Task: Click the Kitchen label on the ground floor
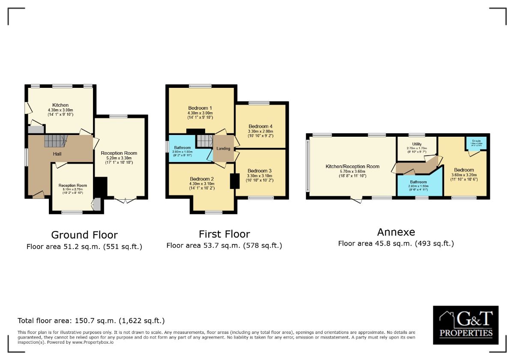(60, 105)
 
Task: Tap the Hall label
(57, 154)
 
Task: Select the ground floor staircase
(56, 141)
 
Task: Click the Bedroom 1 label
(200, 108)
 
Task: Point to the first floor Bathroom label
(182, 147)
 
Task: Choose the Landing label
(223, 149)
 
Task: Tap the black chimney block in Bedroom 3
(235, 181)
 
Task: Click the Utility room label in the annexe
(417, 144)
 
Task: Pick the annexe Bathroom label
(418, 182)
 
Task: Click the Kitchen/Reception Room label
(353, 166)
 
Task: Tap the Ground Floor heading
(84, 235)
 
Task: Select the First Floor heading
(224, 234)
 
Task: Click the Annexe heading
(396, 232)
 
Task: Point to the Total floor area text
(91, 321)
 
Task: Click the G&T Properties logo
(466, 324)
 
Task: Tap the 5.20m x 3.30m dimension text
(119, 158)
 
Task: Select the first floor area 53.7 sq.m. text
(224, 246)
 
